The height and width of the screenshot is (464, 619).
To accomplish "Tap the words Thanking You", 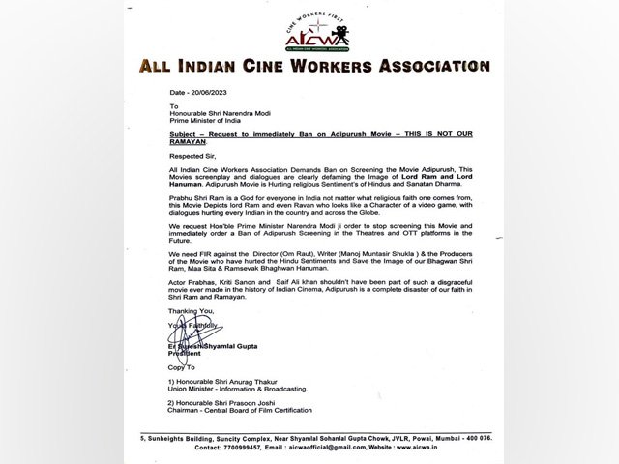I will pos(162,311).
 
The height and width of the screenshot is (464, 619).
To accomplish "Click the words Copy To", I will pos(156,367).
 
